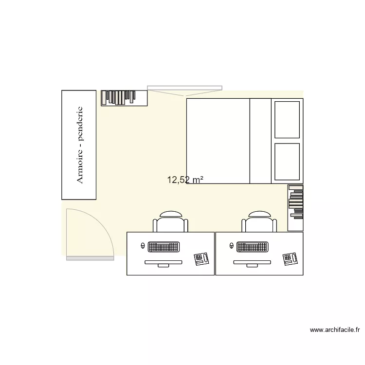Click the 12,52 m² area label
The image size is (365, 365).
pos(185,180)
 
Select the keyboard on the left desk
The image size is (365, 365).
pos(163,247)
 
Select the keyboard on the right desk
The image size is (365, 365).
pos(252,247)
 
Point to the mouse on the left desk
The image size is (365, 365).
pos(142,246)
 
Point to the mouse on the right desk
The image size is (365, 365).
pos(231,246)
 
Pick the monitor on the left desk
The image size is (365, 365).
pos(164,263)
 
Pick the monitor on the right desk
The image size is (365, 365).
pos(253,263)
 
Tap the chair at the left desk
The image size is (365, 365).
pos(170,222)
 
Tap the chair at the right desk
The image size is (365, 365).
pos(259,222)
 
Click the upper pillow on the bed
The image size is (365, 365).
pos(287,120)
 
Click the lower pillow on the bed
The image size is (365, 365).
pos(287,161)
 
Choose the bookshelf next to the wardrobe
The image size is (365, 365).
pos(124,98)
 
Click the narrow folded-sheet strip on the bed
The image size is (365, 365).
pos(260,141)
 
